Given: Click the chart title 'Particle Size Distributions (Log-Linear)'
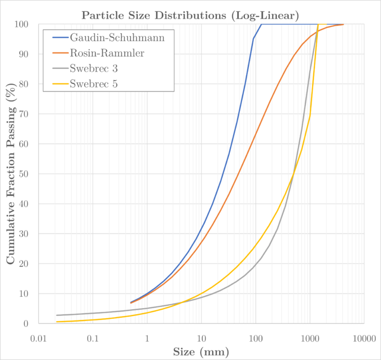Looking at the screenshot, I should point(190,15).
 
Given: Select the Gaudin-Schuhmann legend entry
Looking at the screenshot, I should point(121,38).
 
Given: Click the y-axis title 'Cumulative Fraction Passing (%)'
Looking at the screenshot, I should point(11,173).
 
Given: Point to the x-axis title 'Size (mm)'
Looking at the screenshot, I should point(202,352).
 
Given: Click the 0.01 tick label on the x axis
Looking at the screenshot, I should point(39,338).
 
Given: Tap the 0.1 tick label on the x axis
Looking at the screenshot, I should point(93,338).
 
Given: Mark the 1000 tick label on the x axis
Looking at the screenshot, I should point(309,338).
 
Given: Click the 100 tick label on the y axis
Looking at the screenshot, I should point(22,24).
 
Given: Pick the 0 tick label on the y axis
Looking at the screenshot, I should point(27,323).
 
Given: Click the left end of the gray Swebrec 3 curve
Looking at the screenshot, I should point(56,315).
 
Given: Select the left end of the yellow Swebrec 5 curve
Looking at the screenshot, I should point(56,322).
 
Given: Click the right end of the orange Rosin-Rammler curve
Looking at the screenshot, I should point(343,24).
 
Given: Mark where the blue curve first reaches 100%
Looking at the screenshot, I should point(261,24).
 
